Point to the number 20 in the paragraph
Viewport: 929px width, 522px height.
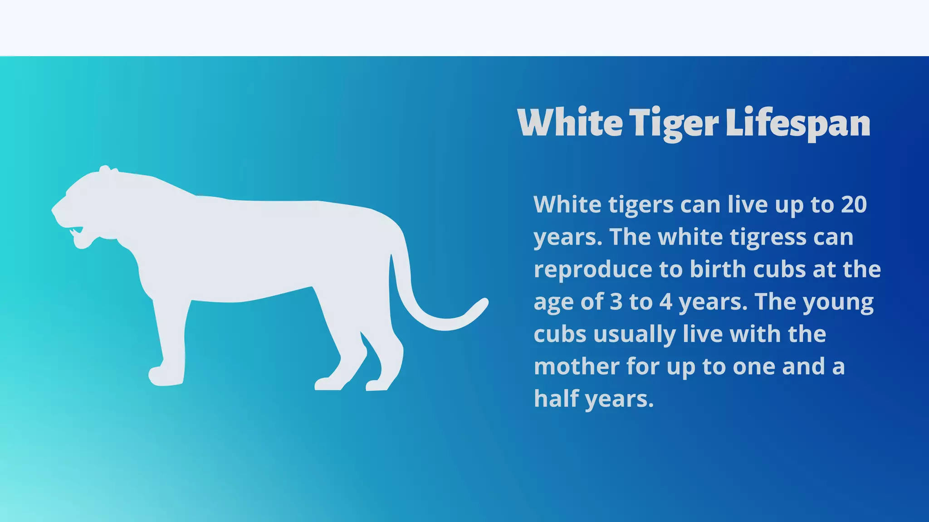(854, 204)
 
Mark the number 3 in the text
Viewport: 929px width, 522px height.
(616, 302)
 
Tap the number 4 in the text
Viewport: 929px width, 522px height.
(665, 302)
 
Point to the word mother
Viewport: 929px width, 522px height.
(577, 366)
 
